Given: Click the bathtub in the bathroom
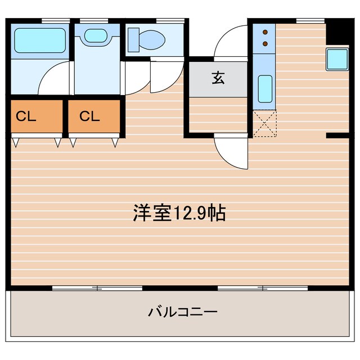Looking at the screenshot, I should tap(39, 40).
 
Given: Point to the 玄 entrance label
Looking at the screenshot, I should tap(218, 79).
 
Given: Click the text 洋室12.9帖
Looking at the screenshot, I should tap(179, 213).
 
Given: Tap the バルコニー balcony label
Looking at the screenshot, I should tap(183, 312).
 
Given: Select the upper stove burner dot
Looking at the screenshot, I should tap(265, 31).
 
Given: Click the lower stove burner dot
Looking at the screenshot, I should tap(265, 43).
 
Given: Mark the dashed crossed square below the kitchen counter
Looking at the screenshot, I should tap(265, 123).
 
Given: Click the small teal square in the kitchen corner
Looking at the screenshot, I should tap(336, 59).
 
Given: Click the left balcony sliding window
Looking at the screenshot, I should tap(97, 288).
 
